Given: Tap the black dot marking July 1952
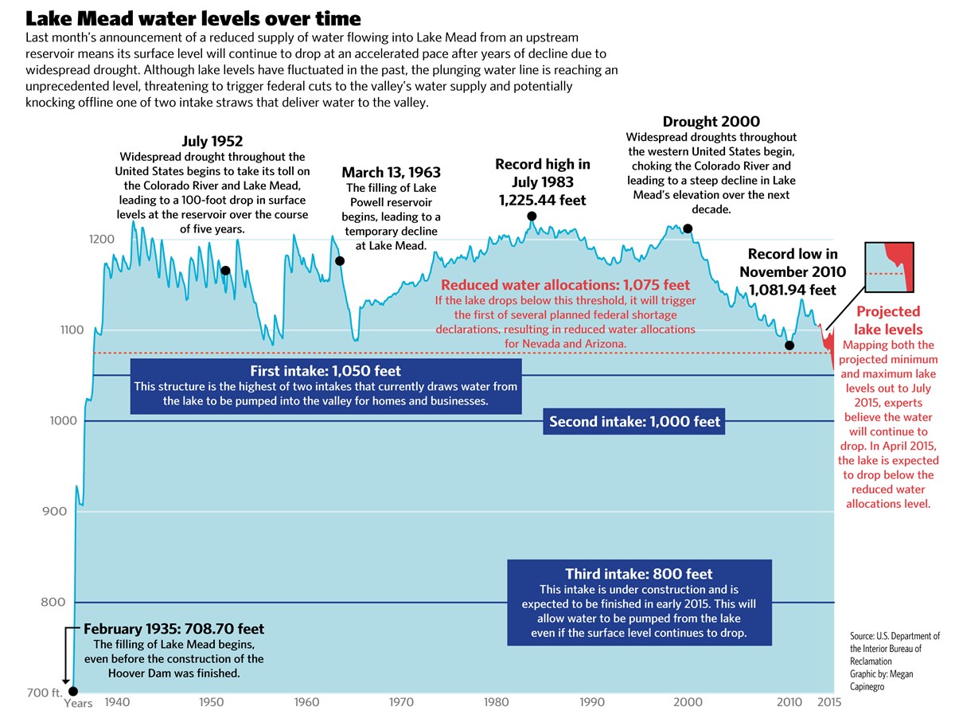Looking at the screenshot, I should point(225,271).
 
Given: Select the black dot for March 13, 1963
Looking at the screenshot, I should point(340,261).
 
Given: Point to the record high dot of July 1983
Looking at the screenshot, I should point(532,217).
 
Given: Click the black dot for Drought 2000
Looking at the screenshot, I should point(688,229).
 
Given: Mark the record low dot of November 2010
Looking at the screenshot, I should point(789,345).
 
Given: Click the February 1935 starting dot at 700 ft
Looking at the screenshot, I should point(73,691).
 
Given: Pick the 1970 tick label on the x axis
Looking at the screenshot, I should point(401,703).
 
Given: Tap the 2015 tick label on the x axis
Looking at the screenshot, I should point(829,703).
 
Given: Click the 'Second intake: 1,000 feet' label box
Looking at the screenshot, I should point(634,422).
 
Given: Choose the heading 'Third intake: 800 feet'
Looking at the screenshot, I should point(639,574).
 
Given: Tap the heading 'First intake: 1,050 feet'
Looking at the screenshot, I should point(325,371).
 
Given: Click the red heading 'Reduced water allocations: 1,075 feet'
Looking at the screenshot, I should point(565,285).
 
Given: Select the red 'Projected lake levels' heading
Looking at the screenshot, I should point(888,320).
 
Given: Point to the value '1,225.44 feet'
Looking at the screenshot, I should point(542,201).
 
